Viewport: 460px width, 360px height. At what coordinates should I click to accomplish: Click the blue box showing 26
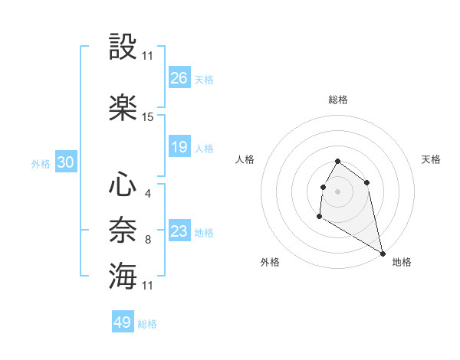(179, 77)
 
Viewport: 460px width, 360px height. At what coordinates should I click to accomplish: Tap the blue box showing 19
(179, 147)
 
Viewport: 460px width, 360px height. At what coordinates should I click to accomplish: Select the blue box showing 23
(179, 231)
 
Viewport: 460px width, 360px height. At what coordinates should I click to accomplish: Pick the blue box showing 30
(65, 162)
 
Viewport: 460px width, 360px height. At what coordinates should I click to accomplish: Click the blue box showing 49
(123, 322)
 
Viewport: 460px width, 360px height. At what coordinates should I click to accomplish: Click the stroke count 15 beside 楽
(148, 117)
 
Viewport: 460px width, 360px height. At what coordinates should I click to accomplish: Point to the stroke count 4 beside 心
(147, 194)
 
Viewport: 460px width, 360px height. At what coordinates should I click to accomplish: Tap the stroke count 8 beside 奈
(147, 240)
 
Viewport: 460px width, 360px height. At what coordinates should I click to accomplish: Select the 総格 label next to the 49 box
(147, 324)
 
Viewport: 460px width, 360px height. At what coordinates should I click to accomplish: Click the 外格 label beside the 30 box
(41, 163)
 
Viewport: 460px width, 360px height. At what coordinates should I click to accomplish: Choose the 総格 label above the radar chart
(337, 100)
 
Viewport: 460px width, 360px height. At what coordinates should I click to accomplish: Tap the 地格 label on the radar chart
(402, 262)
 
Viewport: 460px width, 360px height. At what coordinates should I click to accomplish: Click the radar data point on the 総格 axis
(337, 162)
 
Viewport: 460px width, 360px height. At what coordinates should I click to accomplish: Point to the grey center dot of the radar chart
(337, 190)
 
